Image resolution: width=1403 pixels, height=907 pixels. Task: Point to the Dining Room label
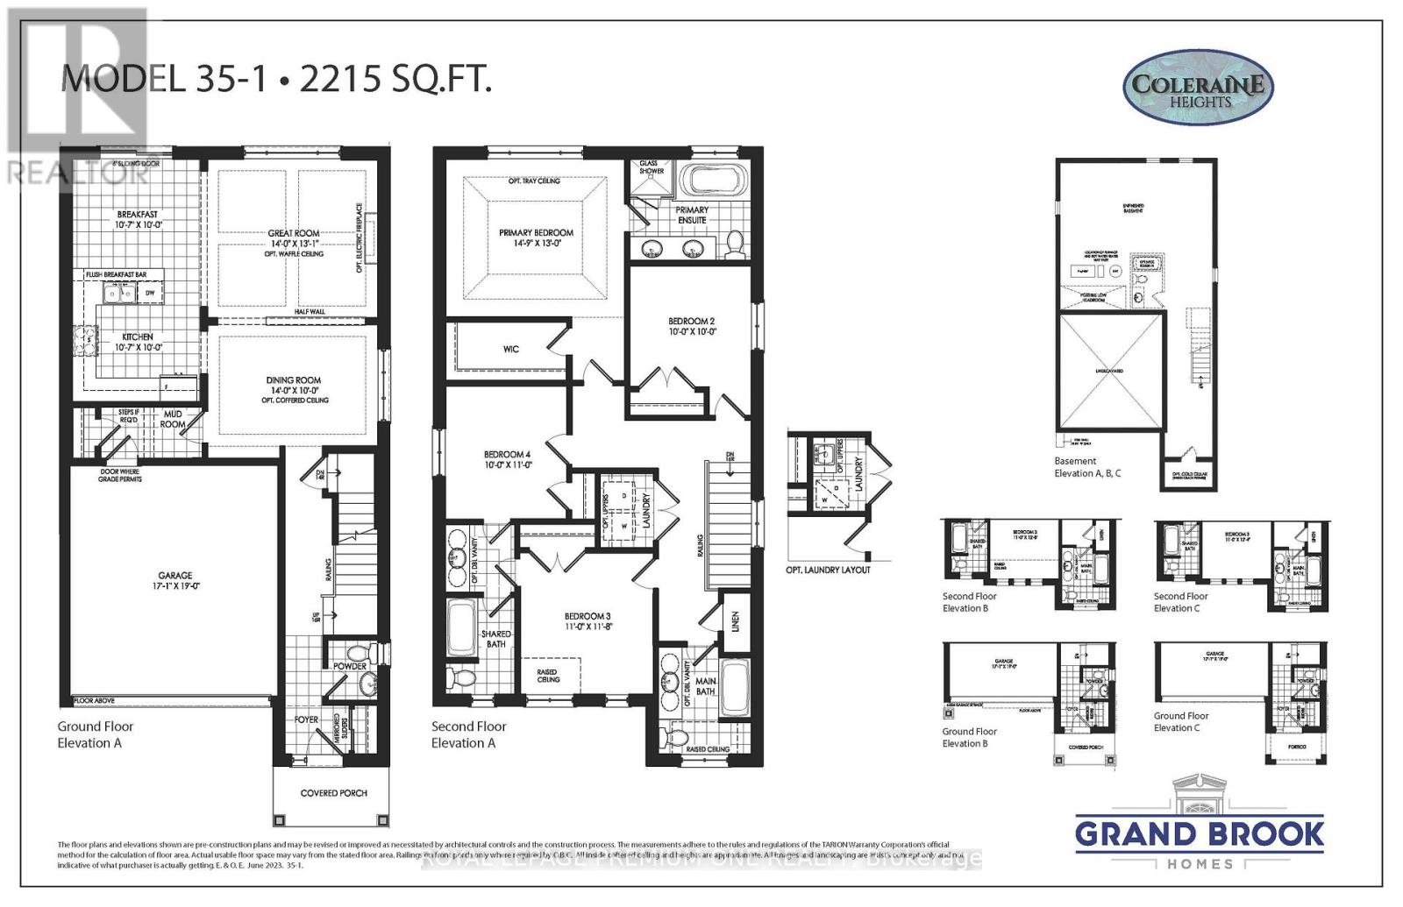tap(294, 380)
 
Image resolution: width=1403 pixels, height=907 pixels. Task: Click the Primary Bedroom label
tap(536, 233)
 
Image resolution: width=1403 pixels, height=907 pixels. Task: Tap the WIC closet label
tap(511, 349)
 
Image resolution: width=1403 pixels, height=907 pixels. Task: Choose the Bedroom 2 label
tap(691, 322)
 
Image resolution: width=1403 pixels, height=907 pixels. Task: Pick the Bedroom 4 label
tap(507, 455)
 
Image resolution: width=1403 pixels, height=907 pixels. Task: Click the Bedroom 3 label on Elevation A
tap(587, 616)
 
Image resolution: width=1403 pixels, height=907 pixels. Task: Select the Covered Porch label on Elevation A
tap(333, 793)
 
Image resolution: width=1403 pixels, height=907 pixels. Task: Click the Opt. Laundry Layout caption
tap(828, 570)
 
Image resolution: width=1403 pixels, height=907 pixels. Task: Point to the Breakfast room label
tap(138, 215)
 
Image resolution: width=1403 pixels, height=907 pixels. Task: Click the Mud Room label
tap(173, 419)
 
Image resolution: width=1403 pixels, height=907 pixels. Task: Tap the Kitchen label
tap(138, 337)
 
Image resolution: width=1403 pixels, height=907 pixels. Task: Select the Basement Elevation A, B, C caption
tap(1087, 467)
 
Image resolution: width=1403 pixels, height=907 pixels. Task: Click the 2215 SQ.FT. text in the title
tap(395, 80)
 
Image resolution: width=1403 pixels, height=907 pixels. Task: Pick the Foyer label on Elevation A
tap(306, 719)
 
